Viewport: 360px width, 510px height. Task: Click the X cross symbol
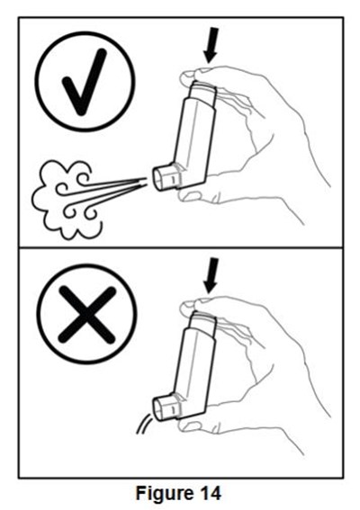(87, 314)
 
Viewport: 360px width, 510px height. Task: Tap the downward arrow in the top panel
(211, 45)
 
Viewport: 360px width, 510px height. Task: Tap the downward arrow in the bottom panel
(211, 275)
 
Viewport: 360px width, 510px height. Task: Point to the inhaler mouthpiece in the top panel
(166, 178)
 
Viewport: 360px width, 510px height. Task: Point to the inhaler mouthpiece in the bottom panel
(166, 408)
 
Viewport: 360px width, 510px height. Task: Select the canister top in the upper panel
(203, 94)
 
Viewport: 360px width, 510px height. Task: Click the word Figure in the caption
(164, 494)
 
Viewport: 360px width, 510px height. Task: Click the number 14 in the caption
(209, 492)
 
